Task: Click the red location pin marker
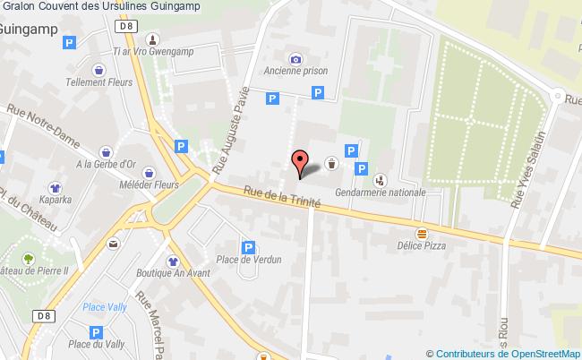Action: (x=298, y=162)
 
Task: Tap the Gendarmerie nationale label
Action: (x=381, y=191)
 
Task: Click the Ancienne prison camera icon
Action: (x=295, y=56)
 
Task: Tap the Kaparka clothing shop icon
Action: (x=55, y=188)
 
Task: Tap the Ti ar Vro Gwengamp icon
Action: (x=153, y=39)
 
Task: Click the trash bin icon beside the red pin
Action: (x=331, y=162)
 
